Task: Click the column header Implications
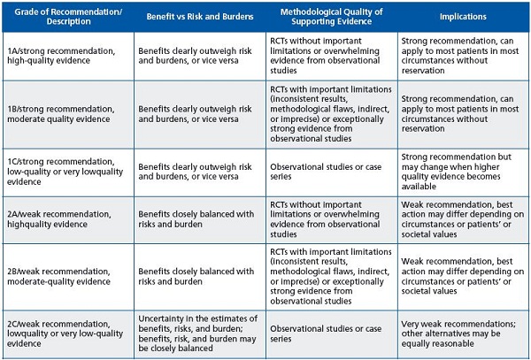pyautogui.click(x=463, y=17)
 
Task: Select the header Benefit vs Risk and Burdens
pyautogui.click(x=200, y=17)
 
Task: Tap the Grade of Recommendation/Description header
pyautogui.click(x=68, y=17)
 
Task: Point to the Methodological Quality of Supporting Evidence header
pyautogui.click(x=332, y=17)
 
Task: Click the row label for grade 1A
pyautogui.click(x=61, y=56)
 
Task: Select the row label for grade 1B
pyautogui.click(x=61, y=114)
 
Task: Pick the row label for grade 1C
pyautogui.click(x=65, y=172)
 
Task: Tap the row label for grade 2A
pyautogui.click(x=59, y=219)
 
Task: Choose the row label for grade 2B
pyautogui.click(x=59, y=277)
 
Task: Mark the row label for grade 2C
pyautogui.click(x=65, y=333)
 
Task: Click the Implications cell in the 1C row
pyautogui.click(x=457, y=172)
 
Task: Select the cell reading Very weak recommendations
pyautogui.click(x=458, y=333)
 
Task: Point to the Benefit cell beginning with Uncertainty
pyautogui.click(x=198, y=333)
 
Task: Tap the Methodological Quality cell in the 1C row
pyautogui.click(x=326, y=172)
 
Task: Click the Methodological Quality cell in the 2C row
pyautogui.click(x=326, y=333)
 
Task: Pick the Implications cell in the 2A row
pyautogui.click(x=463, y=219)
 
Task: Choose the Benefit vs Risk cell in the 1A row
pyautogui.click(x=195, y=56)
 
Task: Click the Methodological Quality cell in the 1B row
pyautogui.click(x=331, y=114)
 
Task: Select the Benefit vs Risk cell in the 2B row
pyautogui.click(x=196, y=277)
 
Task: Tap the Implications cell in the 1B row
pyautogui.click(x=460, y=114)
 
